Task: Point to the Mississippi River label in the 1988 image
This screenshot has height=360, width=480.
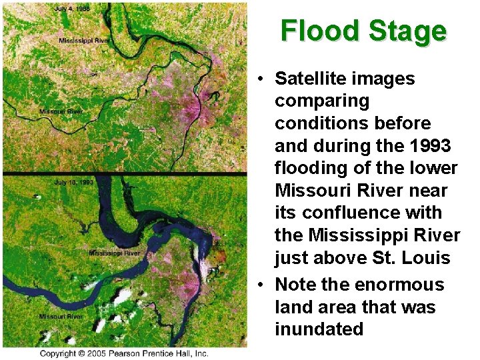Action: (x=83, y=41)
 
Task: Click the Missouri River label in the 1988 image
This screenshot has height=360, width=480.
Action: (x=61, y=111)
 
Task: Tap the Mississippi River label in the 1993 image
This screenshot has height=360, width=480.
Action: (x=115, y=253)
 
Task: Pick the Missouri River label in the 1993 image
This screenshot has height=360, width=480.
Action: (x=61, y=316)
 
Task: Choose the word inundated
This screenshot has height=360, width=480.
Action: (x=319, y=329)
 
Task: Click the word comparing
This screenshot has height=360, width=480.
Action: (x=322, y=101)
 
